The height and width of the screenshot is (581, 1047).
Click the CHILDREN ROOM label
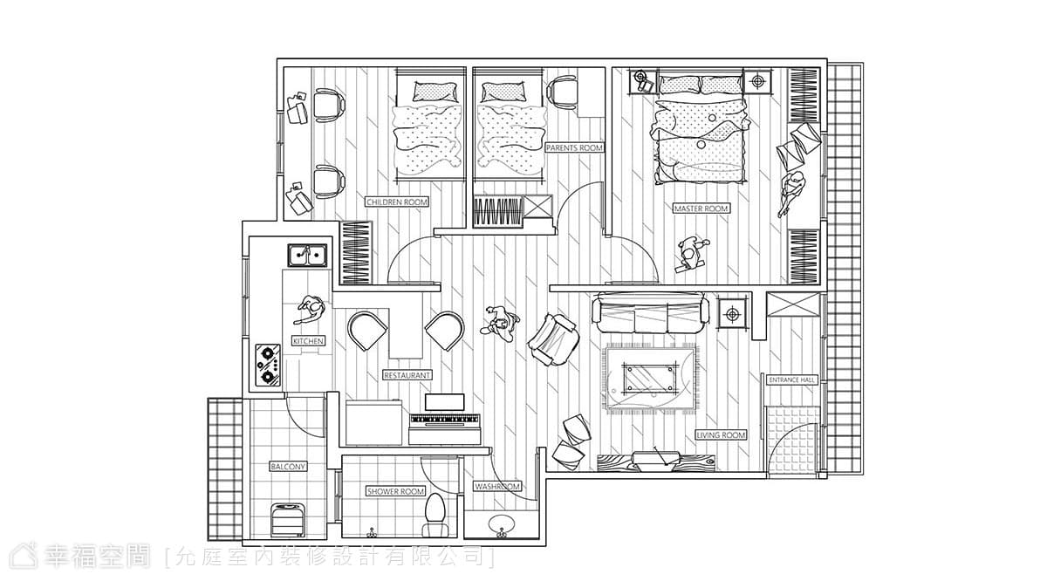[x=397, y=202]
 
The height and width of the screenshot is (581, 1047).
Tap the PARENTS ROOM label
[x=574, y=147]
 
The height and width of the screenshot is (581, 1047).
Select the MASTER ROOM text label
[x=701, y=208]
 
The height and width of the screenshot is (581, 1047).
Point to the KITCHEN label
[x=308, y=341]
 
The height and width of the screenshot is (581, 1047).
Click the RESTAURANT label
[x=407, y=375]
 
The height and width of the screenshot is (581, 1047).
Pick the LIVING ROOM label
[x=722, y=435]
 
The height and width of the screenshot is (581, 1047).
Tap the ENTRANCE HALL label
[x=792, y=380]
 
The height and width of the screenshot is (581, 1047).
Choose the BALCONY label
[x=288, y=467]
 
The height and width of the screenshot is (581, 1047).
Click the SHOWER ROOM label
[x=395, y=491]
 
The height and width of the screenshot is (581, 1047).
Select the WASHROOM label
[x=497, y=487]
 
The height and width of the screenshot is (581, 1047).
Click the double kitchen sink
[x=307, y=256]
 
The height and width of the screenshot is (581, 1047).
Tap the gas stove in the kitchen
[x=268, y=366]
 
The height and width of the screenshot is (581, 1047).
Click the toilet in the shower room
[x=435, y=516]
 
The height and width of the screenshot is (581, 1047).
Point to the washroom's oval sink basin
[x=502, y=525]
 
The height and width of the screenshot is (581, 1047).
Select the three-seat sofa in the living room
[x=650, y=312]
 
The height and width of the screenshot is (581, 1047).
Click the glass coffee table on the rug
[x=650, y=377]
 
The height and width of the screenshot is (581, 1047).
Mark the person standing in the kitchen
[x=310, y=310]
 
